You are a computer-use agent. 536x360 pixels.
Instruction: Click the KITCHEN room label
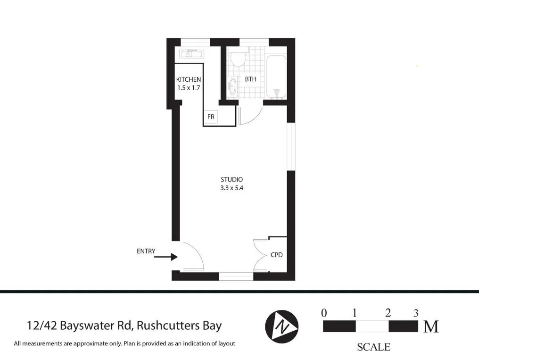(189, 79)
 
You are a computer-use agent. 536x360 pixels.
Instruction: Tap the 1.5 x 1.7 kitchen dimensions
(189, 88)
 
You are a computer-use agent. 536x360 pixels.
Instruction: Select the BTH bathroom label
(250, 79)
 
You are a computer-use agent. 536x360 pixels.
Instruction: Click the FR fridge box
(211, 116)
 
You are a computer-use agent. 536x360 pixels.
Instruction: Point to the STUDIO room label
(231, 179)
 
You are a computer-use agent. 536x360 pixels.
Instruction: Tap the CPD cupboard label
(276, 255)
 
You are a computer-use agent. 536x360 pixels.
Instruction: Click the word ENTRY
(146, 251)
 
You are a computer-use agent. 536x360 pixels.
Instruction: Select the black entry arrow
(165, 257)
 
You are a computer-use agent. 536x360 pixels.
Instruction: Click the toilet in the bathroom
(238, 59)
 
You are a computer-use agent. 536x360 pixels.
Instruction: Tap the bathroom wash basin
(232, 87)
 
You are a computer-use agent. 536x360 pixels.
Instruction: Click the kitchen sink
(191, 54)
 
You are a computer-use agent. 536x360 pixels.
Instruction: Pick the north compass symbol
(282, 326)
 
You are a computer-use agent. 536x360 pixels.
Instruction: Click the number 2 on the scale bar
(388, 313)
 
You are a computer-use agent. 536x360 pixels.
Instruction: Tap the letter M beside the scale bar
(431, 327)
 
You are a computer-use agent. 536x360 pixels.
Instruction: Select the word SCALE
(374, 347)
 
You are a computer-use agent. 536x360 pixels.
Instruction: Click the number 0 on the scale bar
(324, 313)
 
